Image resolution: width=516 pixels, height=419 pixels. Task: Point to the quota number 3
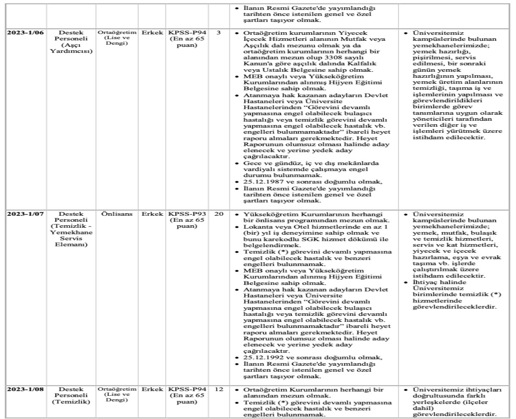click(x=218, y=33)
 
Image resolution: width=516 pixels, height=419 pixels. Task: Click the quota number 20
click(x=218, y=214)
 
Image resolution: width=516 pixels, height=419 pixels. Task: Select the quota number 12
click(x=218, y=389)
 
